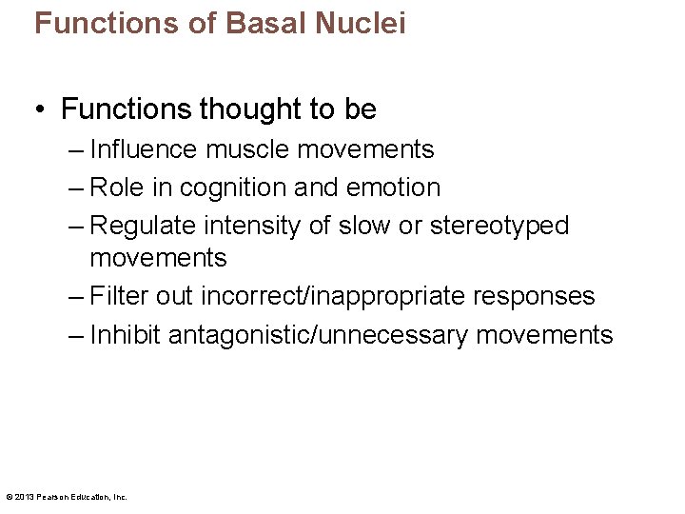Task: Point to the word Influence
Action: click(144, 150)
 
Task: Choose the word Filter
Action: click(119, 297)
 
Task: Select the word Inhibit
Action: click(126, 335)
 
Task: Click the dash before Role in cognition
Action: click(76, 188)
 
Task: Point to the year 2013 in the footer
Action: click(24, 496)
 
